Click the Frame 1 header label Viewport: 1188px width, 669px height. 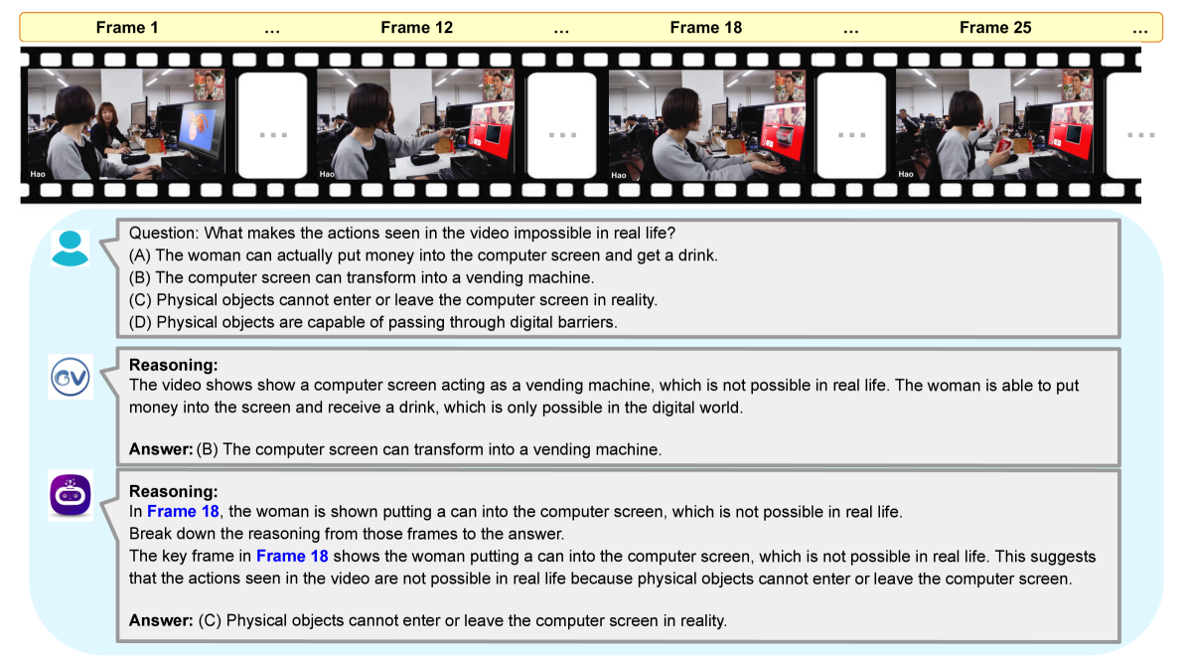tap(126, 27)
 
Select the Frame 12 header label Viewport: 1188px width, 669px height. tap(417, 27)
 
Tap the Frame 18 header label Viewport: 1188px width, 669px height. tap(706, 27)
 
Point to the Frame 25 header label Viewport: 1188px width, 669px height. tap(995, 27)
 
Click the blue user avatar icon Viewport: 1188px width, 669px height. tap(70, 249)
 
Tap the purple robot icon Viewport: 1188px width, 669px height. tap(71, 495)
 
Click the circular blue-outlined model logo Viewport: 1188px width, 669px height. tap(71, 377)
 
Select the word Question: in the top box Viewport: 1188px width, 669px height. tap(164, 233)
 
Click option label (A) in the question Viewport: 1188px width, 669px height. tap(140, 255)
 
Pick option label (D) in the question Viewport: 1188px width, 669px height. tap(140, 322)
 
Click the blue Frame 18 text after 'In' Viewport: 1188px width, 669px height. tap(183, 512)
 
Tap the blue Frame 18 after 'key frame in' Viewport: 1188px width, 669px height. tap(292, 556)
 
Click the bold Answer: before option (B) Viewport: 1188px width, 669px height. tap(161, 449)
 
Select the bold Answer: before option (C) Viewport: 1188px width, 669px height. tap(161, 621)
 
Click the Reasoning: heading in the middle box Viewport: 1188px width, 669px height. tap(173, 365)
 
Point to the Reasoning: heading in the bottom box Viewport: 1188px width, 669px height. tap(173, 491)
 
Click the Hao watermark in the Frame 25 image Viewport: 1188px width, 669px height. tap(905, 174)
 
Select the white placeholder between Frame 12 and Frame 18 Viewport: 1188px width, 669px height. tap(562, 126)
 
